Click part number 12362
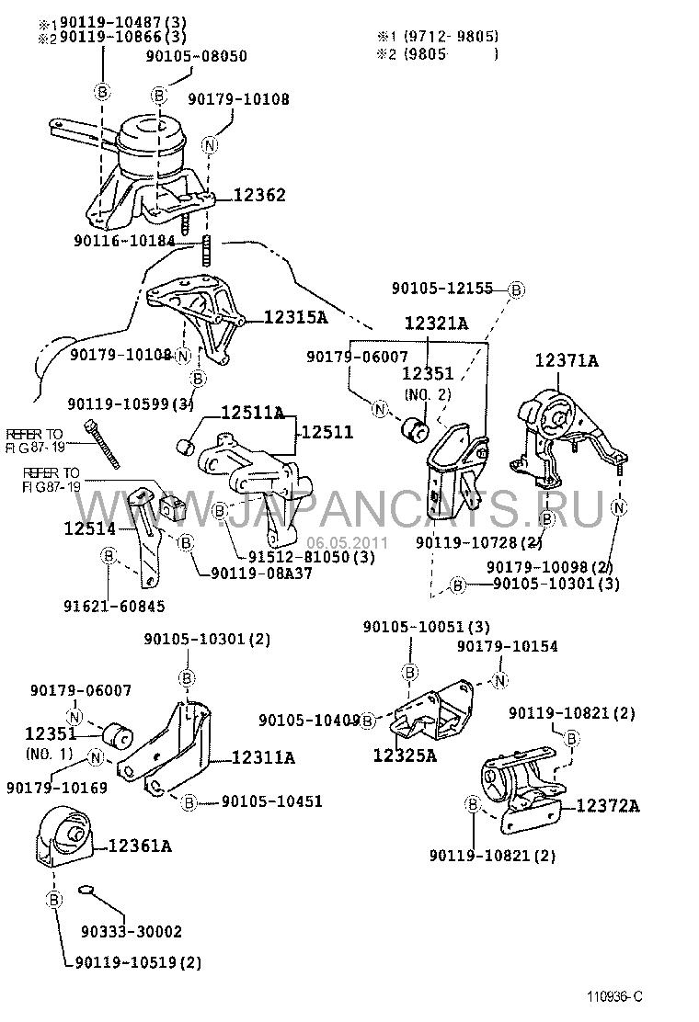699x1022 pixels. (x=258, y=195)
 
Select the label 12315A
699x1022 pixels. (x=295, y=317)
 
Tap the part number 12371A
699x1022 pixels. (x=567, y=361)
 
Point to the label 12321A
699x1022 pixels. (x=436, y=324)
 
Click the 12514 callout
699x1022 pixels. (x=89, y=529)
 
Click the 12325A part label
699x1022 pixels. (x=404, y=755)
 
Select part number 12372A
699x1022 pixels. (x=608, y=806)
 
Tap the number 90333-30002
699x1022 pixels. (x=137, y=931)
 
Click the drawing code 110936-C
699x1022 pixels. (x=615, y=995)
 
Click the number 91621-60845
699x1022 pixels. (x=114, y=606)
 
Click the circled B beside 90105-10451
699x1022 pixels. (x=189, y=802)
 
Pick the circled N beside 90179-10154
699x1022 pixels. (x=499, y=680)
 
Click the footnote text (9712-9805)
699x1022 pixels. (x=445, y=37)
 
